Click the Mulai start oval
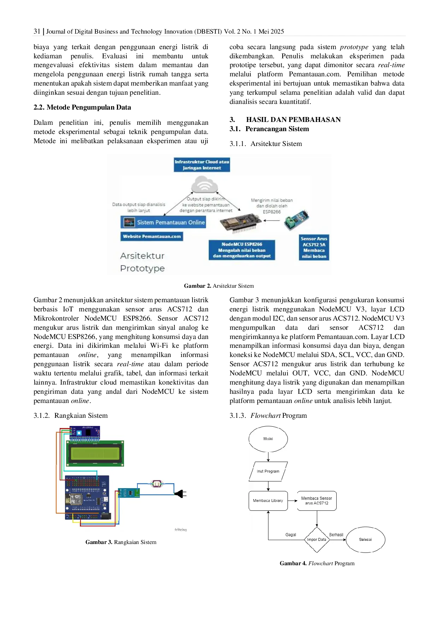coord(268,439)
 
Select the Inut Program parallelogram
coord(268,471)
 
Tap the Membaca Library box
coord(268,501)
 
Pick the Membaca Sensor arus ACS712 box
coord(316,501)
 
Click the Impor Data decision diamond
coord(316,539)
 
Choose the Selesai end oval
coord(365,539)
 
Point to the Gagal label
coord(291,535)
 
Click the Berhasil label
coord(336,535)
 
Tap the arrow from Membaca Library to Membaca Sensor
coord(292,501)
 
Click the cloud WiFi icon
coord(204,185)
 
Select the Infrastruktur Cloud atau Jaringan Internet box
coord(202,165)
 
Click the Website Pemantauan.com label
coord(152,236)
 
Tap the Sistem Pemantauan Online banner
coord(163,222)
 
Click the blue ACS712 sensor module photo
coord(297,220)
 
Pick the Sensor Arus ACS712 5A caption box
coord(314,247)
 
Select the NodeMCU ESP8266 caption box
coord(242,250)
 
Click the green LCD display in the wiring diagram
coord(95,454)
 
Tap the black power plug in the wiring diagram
coord(179,493)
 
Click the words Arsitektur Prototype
coord(142,262)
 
